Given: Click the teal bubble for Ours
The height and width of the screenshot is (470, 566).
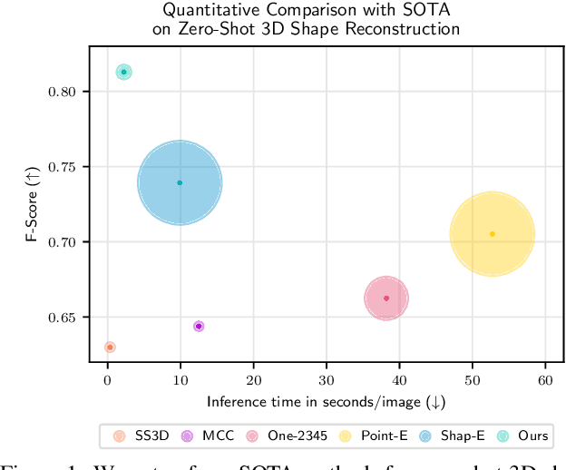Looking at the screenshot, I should tap(124, 73).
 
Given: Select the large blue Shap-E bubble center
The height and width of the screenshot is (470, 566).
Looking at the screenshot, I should tap(180, 182).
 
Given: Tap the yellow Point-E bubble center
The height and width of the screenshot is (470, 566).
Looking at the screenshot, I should tap(492, 234).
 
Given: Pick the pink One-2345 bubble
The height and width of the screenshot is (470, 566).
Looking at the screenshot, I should tap(386, 299).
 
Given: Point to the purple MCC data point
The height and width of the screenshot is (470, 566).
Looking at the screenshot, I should tap(199, 326).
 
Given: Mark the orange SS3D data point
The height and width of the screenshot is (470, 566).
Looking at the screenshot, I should tap(110, 348).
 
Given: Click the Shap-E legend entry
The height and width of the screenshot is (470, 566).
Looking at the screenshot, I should tap(463, 436).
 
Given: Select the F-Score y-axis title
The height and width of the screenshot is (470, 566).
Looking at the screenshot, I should tap(31, 212).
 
